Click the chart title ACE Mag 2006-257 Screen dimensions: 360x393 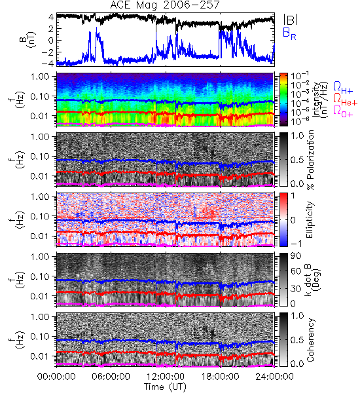click(x=165, y=5)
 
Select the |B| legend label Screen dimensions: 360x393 click(x=291, y=20)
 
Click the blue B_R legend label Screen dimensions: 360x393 click(x=289, y=33)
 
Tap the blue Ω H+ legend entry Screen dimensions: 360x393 click(x=343, y=87)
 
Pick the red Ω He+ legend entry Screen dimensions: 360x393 click(x=345, y=100)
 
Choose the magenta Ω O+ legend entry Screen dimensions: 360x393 click(x=343, y=111)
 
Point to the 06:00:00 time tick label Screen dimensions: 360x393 click(x=111, y=377)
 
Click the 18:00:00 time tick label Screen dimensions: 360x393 click(x=220, y=377)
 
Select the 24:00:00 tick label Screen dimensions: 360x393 click(x=274, y=377)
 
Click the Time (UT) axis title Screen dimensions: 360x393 click(x=165, y=387)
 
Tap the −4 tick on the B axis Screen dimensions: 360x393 click(x=48, y=64)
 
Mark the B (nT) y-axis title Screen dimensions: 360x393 click(x=28, y=39)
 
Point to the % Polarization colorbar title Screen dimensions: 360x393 click(x=310, y=160)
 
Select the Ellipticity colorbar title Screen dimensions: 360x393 click(x=310, y=219)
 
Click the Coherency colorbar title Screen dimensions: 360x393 click(x=310, y=340)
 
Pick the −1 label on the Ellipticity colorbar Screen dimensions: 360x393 click(x=296, y=244)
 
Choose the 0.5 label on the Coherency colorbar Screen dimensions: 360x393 click(x=297, y=340)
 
